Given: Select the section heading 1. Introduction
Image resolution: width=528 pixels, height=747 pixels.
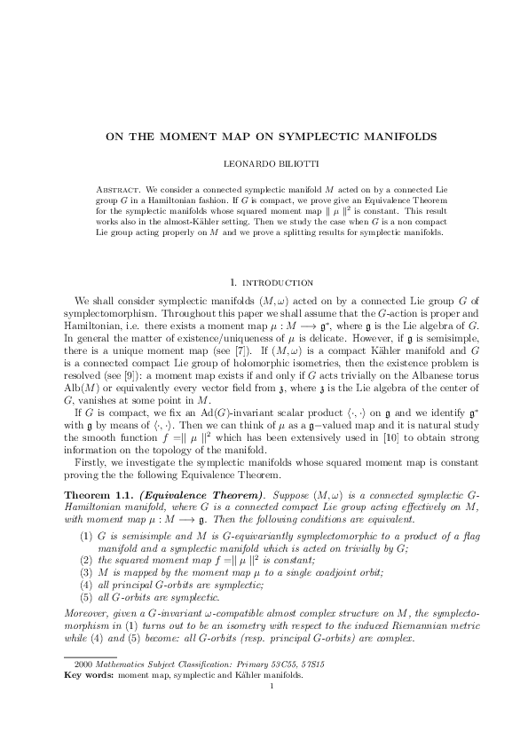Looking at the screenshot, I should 264,282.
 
